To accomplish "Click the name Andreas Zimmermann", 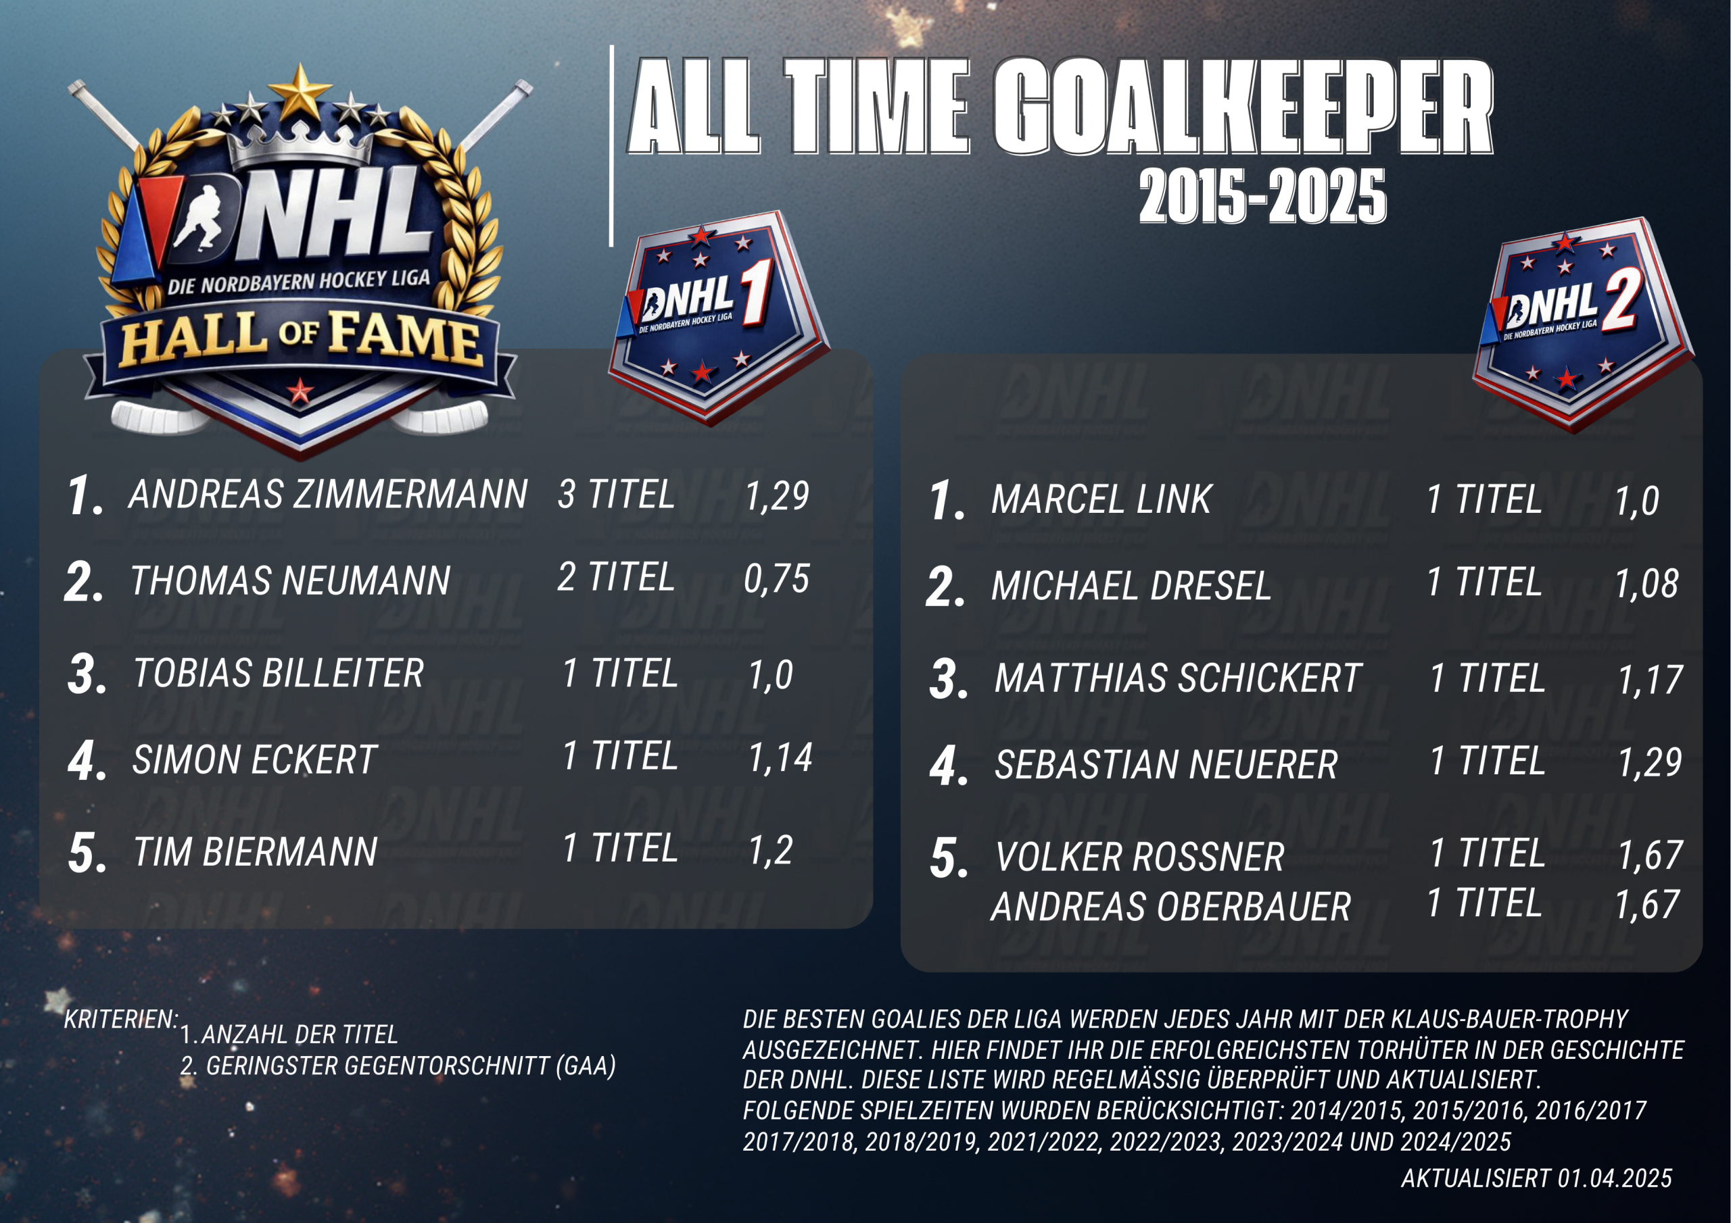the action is (x=328, y=495).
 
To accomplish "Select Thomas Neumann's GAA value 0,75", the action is (x=776, y=578).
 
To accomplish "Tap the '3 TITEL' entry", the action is (x=616, y=495).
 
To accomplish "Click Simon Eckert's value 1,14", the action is (x=780, y=757).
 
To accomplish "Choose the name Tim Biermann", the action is (x=255, y=852).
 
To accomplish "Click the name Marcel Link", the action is (x=1101, y=499).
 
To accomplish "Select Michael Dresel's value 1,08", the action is (x=1646, y=583).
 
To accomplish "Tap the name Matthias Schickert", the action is (x=1178, y=678).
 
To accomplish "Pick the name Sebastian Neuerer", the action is (x=1166, y=764).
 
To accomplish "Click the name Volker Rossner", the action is (x=1139, y=857).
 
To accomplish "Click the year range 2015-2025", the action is (x=1262, y=196).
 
